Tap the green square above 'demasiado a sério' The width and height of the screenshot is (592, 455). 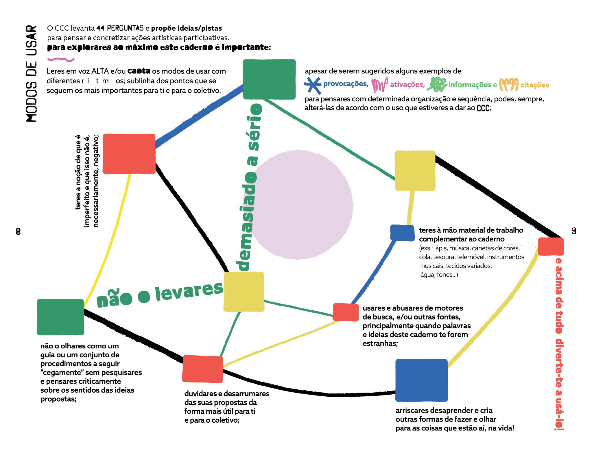[x=269, y=79]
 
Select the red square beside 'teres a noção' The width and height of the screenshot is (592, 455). [x=129, y=154]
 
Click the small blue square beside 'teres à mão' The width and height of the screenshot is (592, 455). [x=402, y=233]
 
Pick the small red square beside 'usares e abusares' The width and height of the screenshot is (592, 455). [x=346, y=312]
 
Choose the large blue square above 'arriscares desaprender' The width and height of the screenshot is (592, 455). [x=421, y=380]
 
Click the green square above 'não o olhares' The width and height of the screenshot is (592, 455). [x=60, y=317]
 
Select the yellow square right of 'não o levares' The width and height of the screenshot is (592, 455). [x=244, y=292]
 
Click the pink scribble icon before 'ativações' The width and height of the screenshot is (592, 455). [x=379, y=84]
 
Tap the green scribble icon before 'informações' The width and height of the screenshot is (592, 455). [x=438, y=84]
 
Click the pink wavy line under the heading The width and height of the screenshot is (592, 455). [x=61, y=60]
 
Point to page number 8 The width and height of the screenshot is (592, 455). [x=18, y=231]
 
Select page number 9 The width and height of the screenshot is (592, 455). [x=574, y=231]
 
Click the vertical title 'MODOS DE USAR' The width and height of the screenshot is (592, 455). [x=32, y=74]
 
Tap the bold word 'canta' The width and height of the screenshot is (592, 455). [x=139, y=71]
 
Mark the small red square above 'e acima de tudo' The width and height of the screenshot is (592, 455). [x=551, y=246]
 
